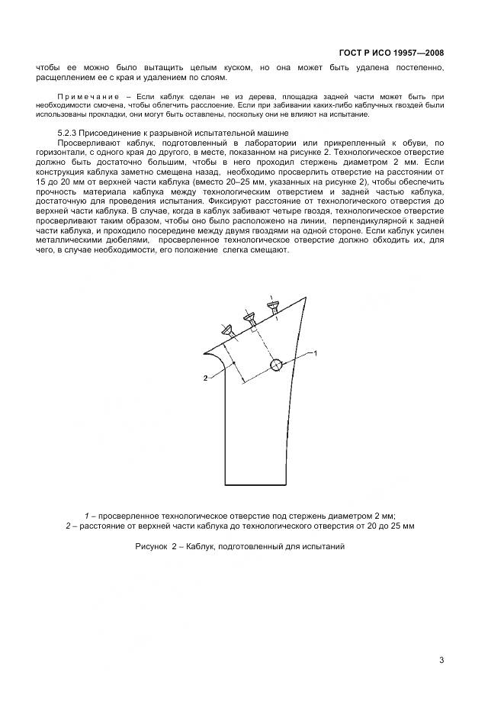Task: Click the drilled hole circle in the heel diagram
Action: (276, 365)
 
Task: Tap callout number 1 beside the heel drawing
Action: (316, 353)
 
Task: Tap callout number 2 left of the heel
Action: (206, 378)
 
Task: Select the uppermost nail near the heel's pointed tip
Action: (272, 306)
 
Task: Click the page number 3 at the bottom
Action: (441, 661)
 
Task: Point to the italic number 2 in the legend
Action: (68, 526)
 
